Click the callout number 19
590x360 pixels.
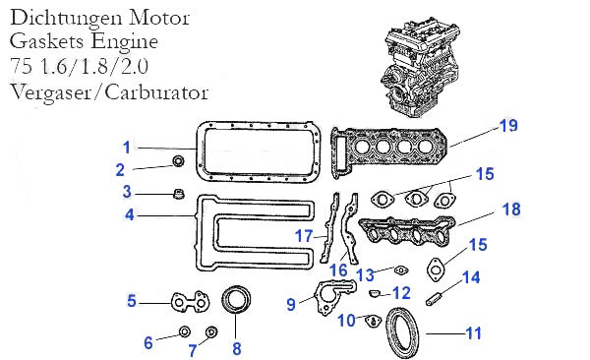pos(508,126)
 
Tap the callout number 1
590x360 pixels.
pos(127,148)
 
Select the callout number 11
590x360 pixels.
pos(474,333)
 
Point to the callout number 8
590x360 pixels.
pos(236,349)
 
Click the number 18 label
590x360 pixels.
pos(511,210)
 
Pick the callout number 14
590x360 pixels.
pos(471,277)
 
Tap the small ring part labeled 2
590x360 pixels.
pos(178,161)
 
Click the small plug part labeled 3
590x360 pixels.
pos(179,195)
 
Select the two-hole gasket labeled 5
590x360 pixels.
pos(191,302)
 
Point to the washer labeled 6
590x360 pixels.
pos(185,332)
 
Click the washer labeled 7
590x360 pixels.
pos(211,332)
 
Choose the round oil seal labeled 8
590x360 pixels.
pos(236,299)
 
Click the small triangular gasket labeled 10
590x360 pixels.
pos(374,322)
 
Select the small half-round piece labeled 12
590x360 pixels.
pos(374,292)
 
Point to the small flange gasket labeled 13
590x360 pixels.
pos(401,270)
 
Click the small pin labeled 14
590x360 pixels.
pos(436,298)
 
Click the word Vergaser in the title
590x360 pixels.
pos(50,92)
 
